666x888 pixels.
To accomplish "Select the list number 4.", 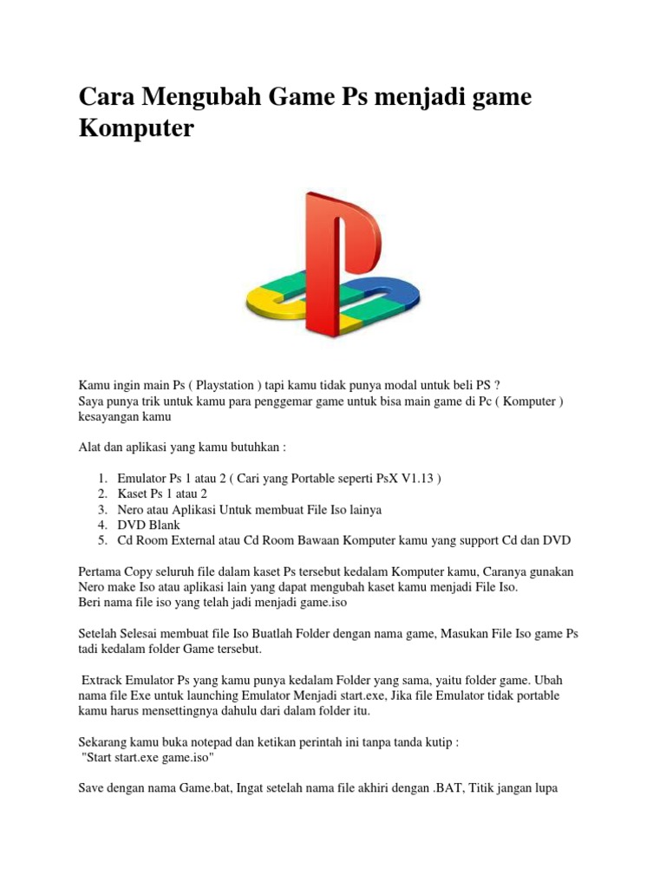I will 101,526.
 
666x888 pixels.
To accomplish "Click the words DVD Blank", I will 149,526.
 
